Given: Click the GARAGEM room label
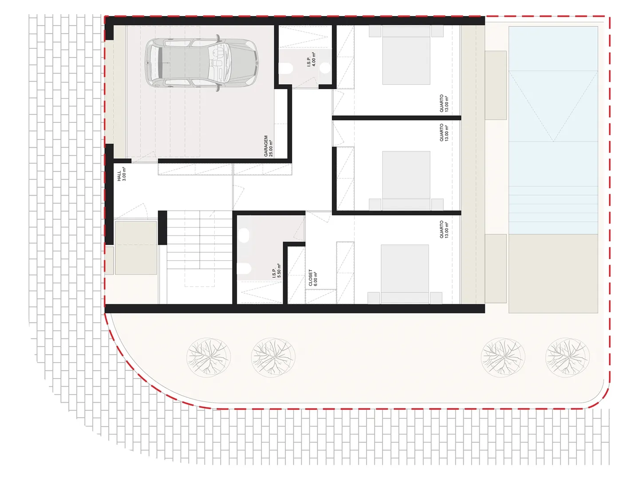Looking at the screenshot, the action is point(266,146).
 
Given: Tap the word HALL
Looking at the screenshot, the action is point(119,176).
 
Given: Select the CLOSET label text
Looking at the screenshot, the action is point(310,278).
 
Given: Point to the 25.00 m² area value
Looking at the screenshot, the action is point(271,149).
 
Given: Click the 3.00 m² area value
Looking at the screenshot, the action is point(124,174).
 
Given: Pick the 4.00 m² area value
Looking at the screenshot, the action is point(314,59).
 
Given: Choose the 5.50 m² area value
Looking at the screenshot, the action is point(279,271).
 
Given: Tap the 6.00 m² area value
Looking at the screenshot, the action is point(315,279).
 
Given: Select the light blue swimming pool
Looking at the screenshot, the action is point(553,130).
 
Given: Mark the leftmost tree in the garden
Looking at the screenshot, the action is point(209,357).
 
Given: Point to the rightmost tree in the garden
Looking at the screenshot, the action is point(567,357).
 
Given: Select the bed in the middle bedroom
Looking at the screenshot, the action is point(406,181).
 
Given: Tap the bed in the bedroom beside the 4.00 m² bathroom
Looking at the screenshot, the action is point(406,55).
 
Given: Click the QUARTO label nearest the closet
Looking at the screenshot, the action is point(442,229).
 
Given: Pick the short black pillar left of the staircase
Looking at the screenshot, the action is point(162,228).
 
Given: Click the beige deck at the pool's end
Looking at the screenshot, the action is point(553,274).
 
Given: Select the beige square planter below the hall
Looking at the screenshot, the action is point(136,248).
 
